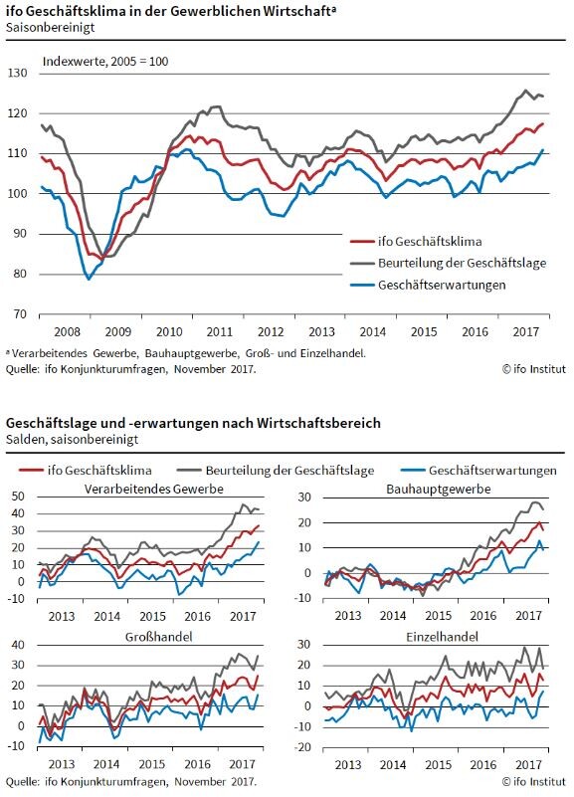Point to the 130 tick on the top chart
(17, 74)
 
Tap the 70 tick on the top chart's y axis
(19, 314)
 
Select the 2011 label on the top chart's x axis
(220, 332)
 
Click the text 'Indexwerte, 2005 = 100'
(105, 62)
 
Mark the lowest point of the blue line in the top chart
(89, 279)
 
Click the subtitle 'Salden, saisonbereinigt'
(73, 439)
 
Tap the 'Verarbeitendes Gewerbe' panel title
(154, 489)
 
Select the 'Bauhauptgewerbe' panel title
(439, 489)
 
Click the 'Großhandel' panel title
(159, 637)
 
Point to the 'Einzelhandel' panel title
(442, 637)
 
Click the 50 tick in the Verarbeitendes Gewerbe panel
(18, 497)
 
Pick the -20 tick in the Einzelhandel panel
(303, 747)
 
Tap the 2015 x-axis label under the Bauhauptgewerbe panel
(438, 616)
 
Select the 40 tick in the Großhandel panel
(18, 645)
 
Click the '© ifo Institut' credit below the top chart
(533, 369)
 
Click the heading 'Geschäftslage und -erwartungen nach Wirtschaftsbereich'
(193, 423)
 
